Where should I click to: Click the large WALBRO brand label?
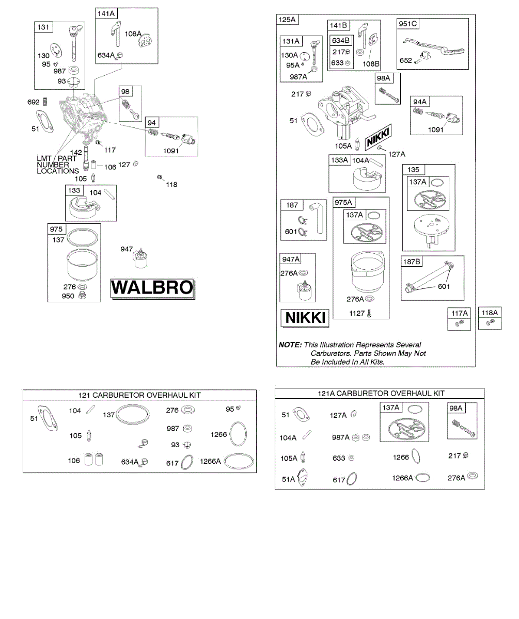point(152,288)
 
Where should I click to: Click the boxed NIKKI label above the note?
point(306,318)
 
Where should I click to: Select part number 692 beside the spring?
point(34,103)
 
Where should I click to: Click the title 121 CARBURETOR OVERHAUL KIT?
point(139,395)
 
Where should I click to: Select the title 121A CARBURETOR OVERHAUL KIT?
point(381,393)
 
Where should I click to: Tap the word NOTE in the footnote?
point(290,345)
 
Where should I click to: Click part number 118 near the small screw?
point(172,184)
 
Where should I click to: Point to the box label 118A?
point(490,313)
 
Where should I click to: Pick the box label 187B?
point(412,262)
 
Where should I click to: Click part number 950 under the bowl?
point(69,296)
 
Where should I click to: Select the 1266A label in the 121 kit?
point(211,462)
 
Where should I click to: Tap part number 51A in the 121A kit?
point(288,479)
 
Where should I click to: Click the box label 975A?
point(343,203)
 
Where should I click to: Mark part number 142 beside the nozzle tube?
point(76,152)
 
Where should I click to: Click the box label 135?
point(413,170)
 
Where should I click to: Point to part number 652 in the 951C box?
point(406,60)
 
